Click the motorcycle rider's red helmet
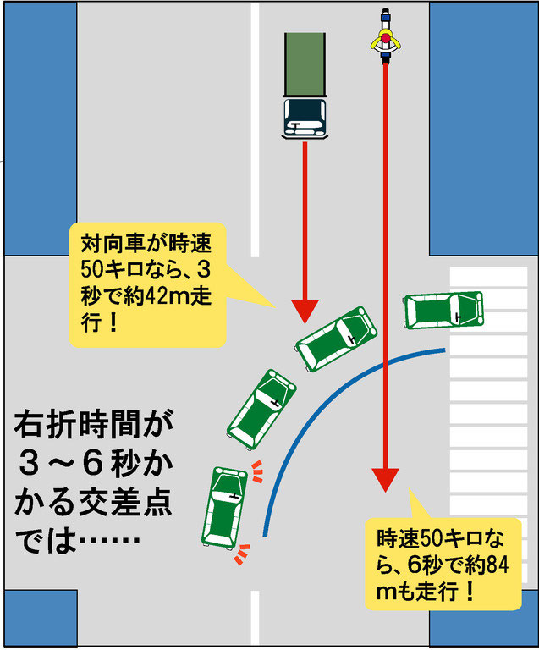[x=386, y=38]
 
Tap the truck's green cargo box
[x=305, y=63]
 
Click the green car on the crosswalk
[x=443, y=310]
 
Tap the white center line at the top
[x=254, y=127]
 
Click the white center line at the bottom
[x=254, y=618]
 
